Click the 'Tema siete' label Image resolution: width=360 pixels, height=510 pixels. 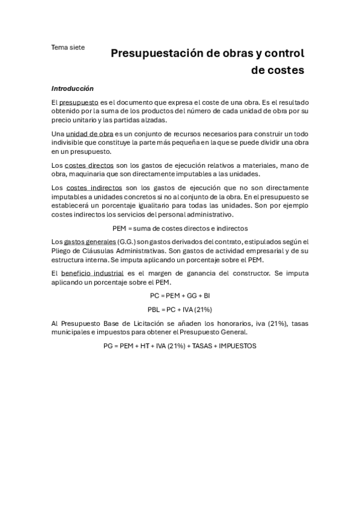68,47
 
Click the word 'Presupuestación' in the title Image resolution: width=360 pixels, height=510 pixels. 156,54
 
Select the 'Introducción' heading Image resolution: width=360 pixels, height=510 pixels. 72,88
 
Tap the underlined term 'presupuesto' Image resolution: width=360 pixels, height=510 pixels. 78,103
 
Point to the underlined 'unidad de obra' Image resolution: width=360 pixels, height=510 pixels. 90,134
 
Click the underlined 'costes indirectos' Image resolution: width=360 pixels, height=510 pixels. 94,188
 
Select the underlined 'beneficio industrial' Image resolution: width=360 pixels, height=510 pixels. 95,273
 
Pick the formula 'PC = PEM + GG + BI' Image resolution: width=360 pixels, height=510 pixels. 180,296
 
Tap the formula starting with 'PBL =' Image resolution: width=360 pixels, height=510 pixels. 180,310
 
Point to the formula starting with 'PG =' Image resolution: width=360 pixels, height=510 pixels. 180,346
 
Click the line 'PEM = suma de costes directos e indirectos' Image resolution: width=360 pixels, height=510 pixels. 180,228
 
